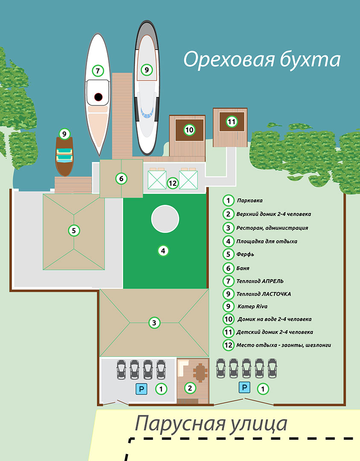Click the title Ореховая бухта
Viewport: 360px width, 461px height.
(262, 60)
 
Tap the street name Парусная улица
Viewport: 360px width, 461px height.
(211, 424)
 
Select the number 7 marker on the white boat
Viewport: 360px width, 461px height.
(98, 70)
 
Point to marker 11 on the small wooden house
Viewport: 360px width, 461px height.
(231, 122)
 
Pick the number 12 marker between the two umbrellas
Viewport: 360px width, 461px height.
(173, 183)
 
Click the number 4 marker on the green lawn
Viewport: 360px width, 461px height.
(163, 251)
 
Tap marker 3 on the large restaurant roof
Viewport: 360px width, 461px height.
(154, 323)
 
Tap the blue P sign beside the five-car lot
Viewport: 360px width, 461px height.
(244, 388)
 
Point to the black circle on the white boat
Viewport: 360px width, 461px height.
(99, 97)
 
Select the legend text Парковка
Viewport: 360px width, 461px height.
(250, 200)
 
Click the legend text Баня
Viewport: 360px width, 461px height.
(243, 268)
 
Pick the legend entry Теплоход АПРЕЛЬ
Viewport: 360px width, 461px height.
(260, 281)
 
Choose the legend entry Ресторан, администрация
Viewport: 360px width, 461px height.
(272, 228)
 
